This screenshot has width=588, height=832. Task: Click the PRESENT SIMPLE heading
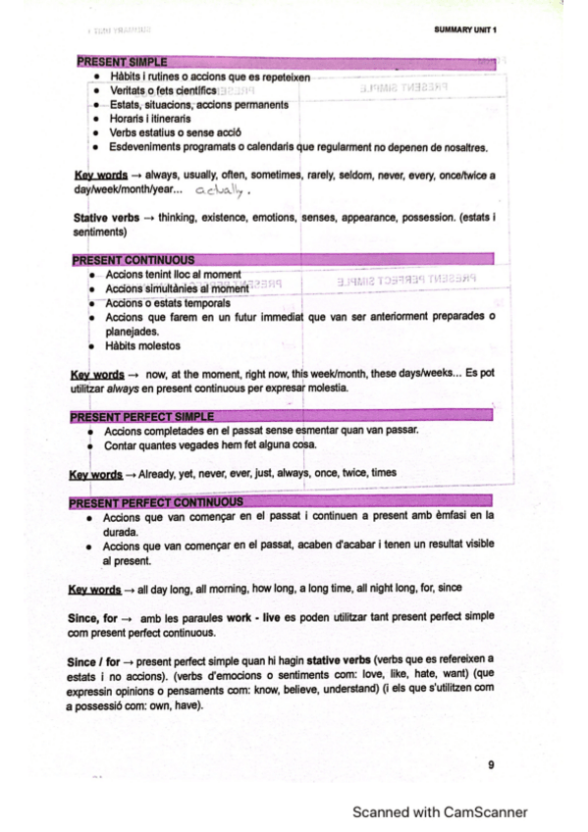(x=122, y=62)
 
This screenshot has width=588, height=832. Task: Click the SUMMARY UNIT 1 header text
(x=465, y=29)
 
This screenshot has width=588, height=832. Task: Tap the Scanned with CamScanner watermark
(x=440, y=811)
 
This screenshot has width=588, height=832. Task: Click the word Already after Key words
(x=159, y=473)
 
